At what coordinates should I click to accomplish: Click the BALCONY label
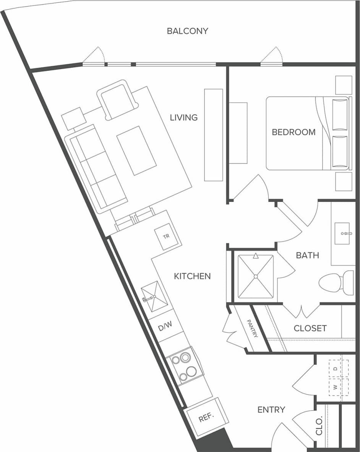pos(187,31)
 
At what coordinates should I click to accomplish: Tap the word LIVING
pos(184,117)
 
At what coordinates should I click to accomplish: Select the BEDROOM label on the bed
pos(294,132)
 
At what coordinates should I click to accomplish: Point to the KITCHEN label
pos(192,276)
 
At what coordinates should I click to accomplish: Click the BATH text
pos(307,255)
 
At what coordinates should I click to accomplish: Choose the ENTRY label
pos(271,410)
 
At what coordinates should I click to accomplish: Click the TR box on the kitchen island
pos(166,237)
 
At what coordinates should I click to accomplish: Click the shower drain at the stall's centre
pos(256,276)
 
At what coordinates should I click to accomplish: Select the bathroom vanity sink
pos(342,233)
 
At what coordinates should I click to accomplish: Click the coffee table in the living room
pos(136,151)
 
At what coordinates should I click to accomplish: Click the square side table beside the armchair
pos(73,118)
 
